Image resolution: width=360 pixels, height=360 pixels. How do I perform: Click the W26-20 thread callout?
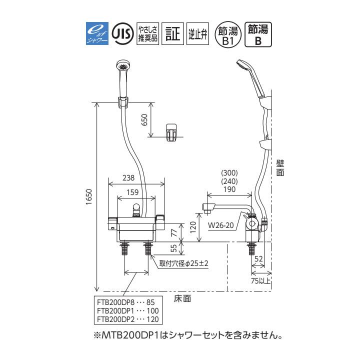point(221,224)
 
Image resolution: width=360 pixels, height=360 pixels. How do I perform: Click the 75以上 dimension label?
point(261,281)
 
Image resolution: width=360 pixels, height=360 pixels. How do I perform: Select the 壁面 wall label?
point(280,167)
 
